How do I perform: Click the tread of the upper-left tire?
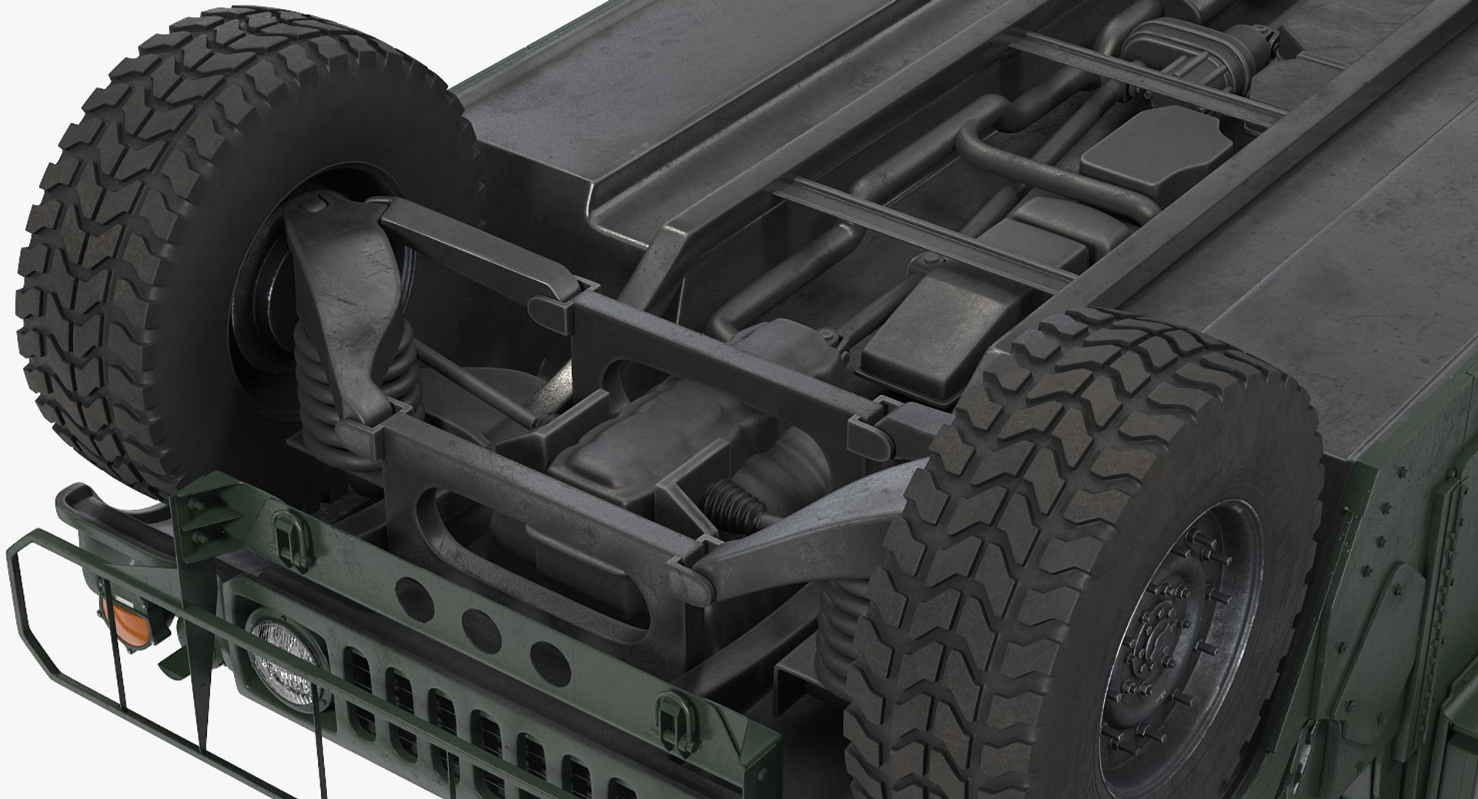tap(92, 254)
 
